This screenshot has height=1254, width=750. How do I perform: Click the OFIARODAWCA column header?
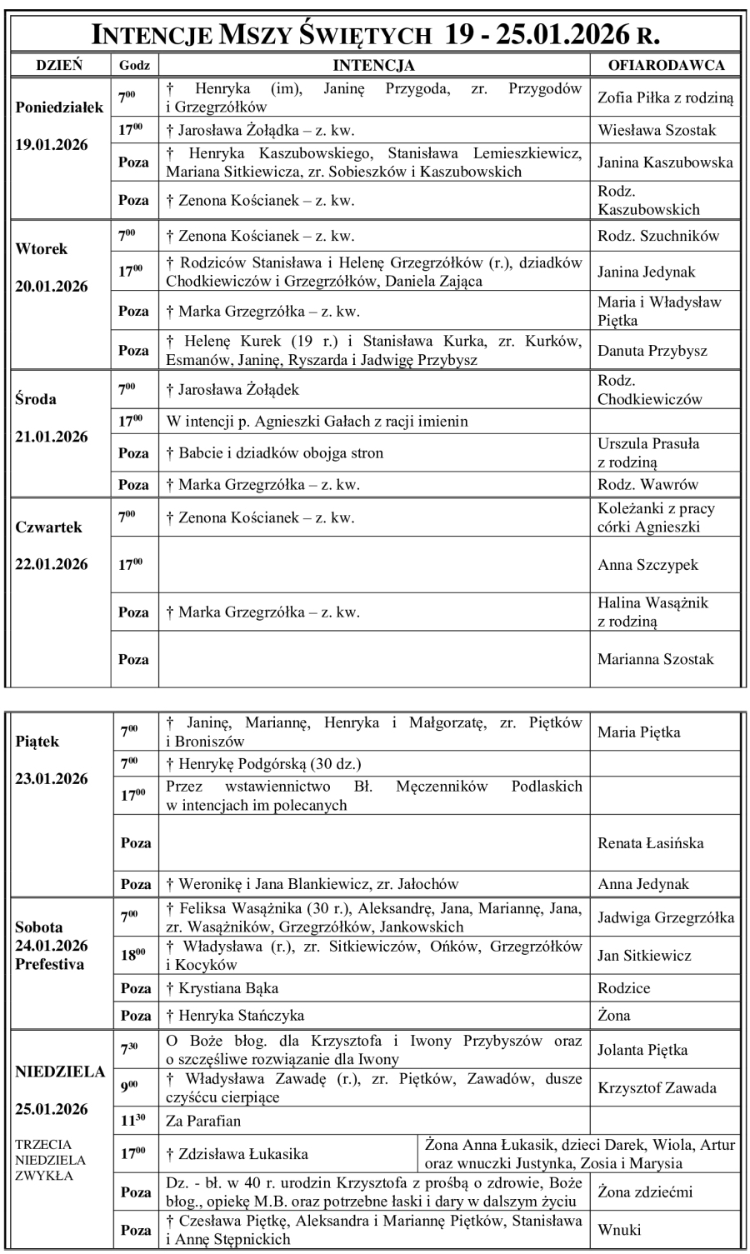pos(667,65)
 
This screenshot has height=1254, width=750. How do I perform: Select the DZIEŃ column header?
pos(58,65)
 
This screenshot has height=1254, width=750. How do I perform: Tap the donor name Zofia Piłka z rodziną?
pos(666,97)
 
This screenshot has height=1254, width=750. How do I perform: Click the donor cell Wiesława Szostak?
pos(657,130)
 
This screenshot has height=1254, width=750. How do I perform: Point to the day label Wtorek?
pos(42,248)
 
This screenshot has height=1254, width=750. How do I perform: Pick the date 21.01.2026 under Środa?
pos(52,437)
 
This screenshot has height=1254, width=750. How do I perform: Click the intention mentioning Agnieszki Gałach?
pos(317,422)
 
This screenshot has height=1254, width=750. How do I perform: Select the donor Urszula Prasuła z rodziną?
pos(648,452)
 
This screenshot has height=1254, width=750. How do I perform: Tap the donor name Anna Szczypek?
pos(647,565)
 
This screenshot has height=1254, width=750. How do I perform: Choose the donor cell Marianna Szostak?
pos(656,659)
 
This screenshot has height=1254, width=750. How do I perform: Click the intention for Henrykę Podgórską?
pos(263,763)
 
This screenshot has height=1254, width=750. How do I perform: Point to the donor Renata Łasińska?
pos(650,842)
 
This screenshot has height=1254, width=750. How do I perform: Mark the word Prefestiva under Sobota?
pos(50,964)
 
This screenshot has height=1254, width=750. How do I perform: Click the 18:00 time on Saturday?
pos(133,956)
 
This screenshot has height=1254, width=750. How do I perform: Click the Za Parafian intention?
pos(204,1121)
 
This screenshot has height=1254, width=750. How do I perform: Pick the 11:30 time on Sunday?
pos(133,1121)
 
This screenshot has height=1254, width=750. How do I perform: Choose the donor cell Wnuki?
pos(617,1229)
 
